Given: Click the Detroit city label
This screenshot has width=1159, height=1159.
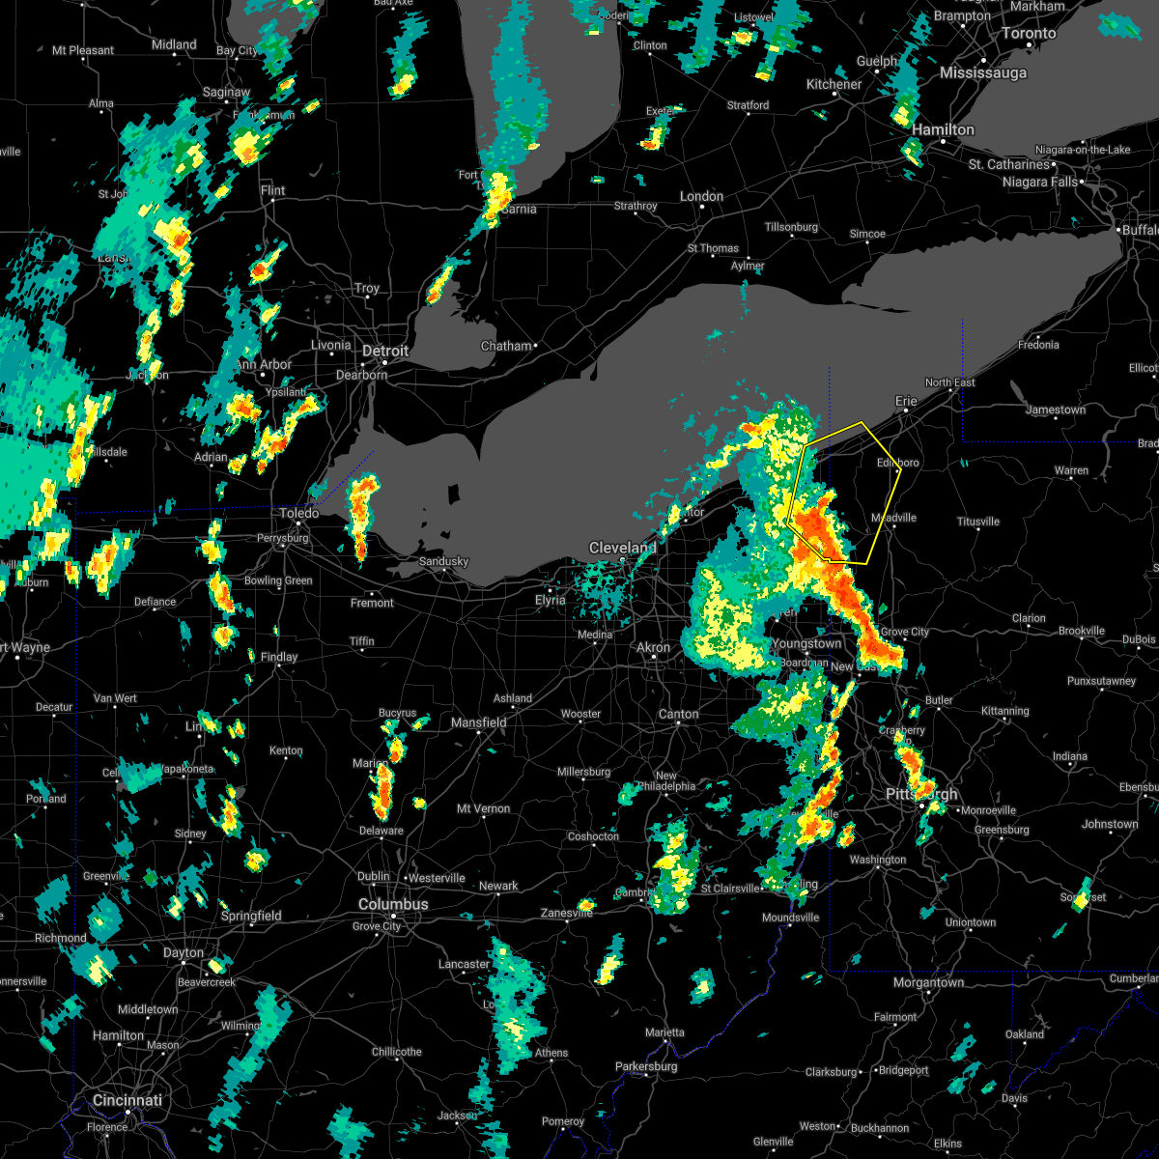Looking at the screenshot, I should (x=385, y=352).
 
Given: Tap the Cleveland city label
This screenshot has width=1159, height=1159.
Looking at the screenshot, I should (x=623, y=548).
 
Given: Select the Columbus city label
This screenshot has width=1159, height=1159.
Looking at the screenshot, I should (x=393, y=904).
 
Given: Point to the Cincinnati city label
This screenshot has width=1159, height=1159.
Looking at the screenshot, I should (x=127, y=1100).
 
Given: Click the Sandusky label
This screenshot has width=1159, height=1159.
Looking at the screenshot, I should (x=443, y=561).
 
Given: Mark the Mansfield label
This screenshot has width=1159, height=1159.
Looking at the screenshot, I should (x=479, y=722).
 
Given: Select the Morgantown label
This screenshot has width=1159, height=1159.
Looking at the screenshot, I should (x=928, y=982).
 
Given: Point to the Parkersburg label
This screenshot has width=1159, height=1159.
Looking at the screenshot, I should (x=651, y=1066).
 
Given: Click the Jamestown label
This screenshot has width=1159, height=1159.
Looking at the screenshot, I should (x=1056, y=410).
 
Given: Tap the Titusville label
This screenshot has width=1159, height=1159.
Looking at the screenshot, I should (x=977, y=522).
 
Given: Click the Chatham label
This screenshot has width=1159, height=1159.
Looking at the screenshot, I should (x=506, y=346).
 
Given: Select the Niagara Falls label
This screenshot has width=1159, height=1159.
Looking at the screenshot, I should (x=1038, y=182).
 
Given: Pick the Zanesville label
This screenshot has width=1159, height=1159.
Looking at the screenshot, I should (x=566, y=913).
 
